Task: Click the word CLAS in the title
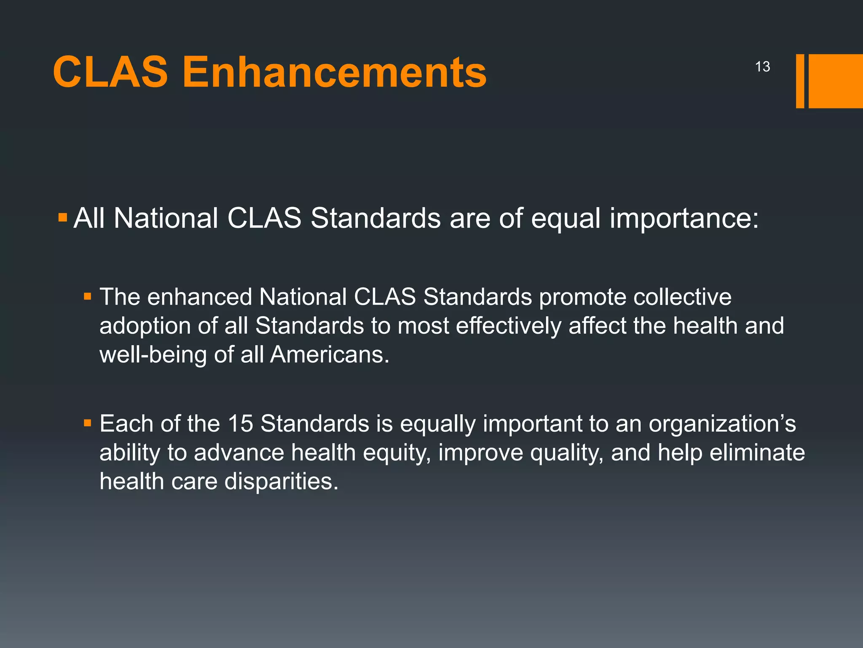click(110, 73)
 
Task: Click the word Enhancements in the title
click(334, 73)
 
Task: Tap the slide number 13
click(762, 67)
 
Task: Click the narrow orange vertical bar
click(800, 81)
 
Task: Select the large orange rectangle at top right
click(836, 81)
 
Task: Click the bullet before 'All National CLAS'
click(63, 218)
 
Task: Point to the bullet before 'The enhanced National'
click(88, 297)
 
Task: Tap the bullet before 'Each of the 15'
click(88, 423)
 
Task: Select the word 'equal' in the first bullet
click(566, 219)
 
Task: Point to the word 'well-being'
click(153, 354)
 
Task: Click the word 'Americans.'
click(330, 354)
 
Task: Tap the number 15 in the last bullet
click(240, 424)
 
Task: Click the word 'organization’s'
click(722, 424)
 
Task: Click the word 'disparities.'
click(281, 481)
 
